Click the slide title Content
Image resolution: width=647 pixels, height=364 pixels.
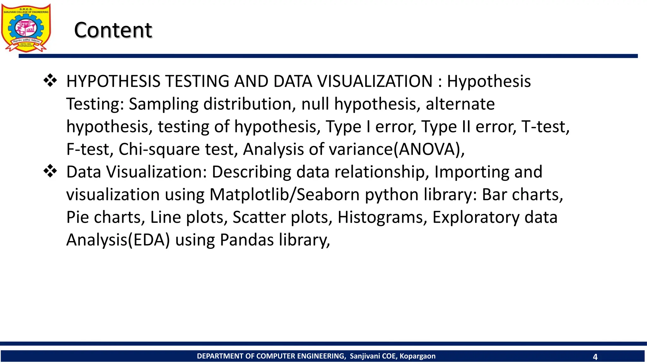(113, 30)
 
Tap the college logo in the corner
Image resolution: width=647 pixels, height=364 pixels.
(26, 28)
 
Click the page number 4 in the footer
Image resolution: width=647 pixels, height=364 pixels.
(595, 357)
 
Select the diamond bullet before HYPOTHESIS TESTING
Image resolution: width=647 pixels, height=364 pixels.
(50, 81)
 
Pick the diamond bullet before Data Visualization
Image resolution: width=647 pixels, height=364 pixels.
(50, 171)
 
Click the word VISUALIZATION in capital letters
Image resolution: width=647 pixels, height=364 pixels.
(375, 81)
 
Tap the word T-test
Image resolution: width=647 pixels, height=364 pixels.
(545, 127)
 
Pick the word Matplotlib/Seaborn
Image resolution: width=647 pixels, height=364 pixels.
(285, 195)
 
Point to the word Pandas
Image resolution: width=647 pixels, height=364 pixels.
(247, 240)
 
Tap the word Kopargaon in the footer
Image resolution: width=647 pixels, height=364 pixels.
(417, 356)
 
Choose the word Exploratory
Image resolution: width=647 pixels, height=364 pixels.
(476, 217)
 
